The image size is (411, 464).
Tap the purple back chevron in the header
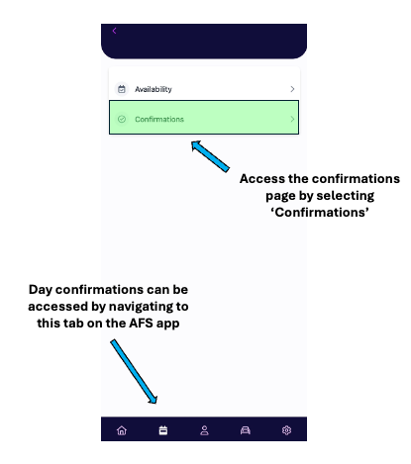coord(114,31)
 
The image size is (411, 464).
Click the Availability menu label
coord(154,89)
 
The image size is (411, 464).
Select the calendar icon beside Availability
coord(122,89)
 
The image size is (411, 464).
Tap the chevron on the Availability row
coord(292,89)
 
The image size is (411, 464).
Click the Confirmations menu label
coord(159,119)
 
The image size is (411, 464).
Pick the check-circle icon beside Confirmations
coord(122,119)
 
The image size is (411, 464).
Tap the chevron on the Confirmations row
coord(292,119)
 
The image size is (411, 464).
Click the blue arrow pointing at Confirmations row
coord(210,156)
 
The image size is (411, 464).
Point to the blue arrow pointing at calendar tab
coord(134,372)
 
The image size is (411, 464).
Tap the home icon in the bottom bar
coord(122,430)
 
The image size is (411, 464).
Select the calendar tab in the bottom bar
coord(163,430)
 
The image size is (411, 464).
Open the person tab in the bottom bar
coord(204,430)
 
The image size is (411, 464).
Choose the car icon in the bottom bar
coord(246,430)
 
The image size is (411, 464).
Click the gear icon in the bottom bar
coord(286,430)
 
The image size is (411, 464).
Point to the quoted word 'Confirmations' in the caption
coord(320,213)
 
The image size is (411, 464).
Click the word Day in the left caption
coord(41,290)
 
